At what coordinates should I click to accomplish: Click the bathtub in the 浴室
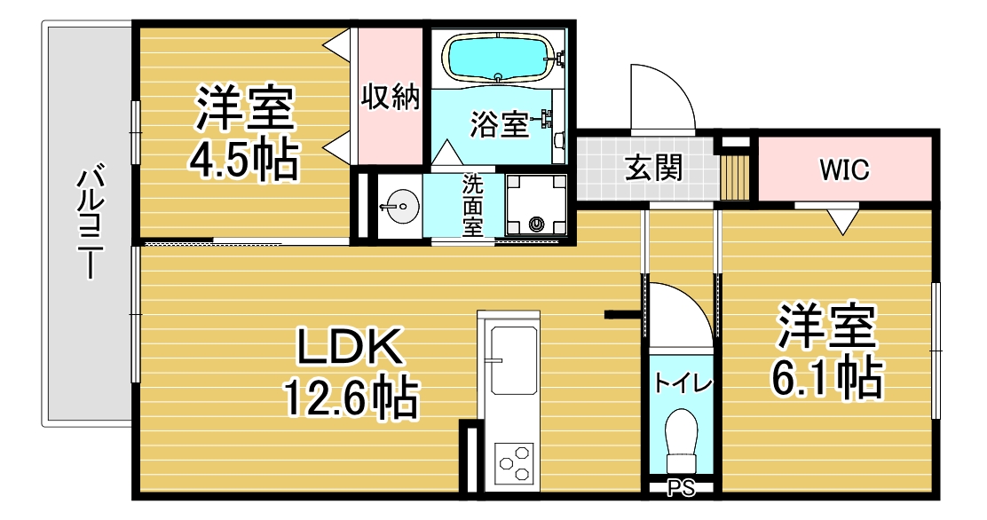click(x=500, y=58)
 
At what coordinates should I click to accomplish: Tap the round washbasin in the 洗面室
click(x=399, y=206)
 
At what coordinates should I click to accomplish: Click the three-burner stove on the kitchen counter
click(x=514, y=463)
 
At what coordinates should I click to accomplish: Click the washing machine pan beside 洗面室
click(x=536, y=206)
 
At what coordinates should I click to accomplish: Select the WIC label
click(x=844, y=169)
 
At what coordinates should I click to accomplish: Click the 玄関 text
click(x=654, y=168)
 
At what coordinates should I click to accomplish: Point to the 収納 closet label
click(x=391, y=97)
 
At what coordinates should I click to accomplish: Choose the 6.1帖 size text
click(x=825, y=376)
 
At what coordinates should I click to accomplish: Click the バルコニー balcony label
click(x=90, y=221)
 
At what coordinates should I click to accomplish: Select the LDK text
click(x=349, y=347)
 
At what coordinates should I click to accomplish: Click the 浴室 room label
click(x=499, y=124)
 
